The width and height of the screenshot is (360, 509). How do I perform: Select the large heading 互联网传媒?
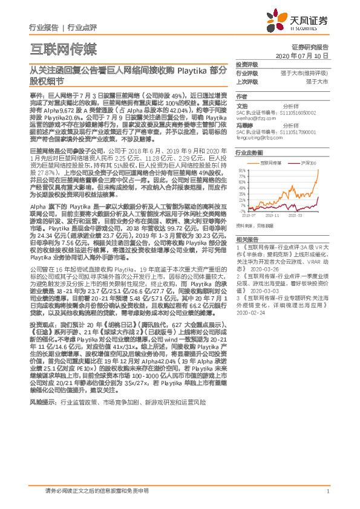(63, 48)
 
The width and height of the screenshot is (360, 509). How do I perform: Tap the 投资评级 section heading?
(246, 63)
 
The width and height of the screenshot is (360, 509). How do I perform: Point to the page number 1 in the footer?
(327, 491)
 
